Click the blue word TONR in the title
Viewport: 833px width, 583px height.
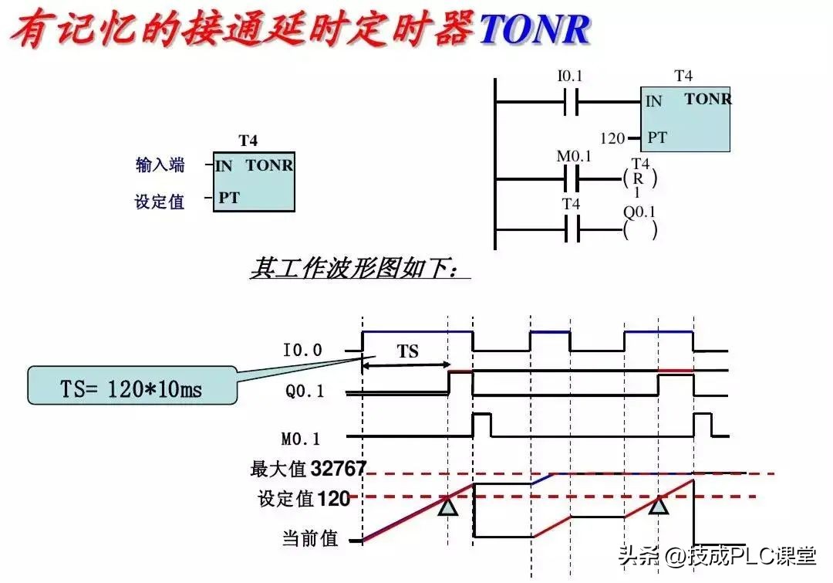pos(535,29)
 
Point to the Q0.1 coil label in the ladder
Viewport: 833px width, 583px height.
pos(639,212)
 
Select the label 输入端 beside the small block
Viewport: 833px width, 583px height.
pos(160,164)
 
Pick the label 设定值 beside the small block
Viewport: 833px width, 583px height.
pos(160,202)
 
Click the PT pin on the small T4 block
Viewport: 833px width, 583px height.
pos(228,198)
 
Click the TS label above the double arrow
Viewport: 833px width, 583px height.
pos(407,351)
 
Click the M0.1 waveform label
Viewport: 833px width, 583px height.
pos(302,439)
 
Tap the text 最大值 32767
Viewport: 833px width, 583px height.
pos(308,469)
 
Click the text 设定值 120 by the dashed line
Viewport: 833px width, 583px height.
pos(304,499)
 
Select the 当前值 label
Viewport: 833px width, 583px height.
pos(309,538)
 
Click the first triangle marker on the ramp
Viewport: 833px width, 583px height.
pos(448,506)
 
